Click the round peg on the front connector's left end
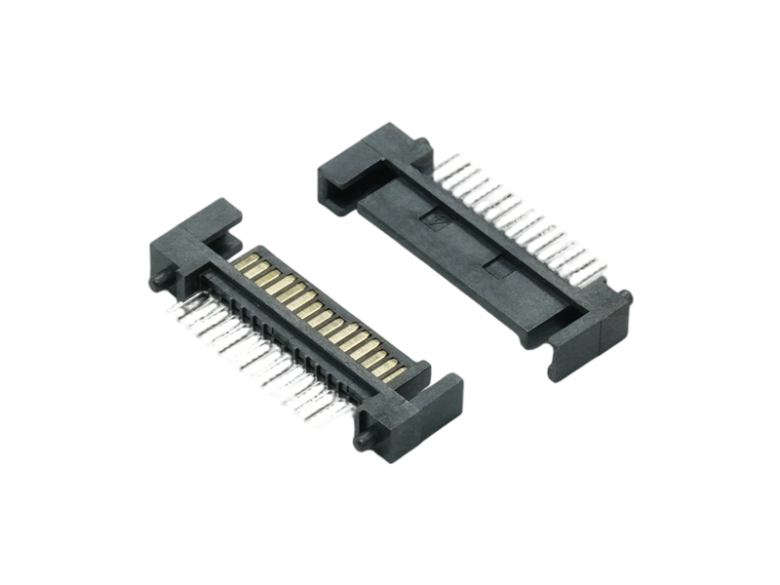[x=156, y=281]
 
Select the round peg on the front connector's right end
[x=364, y=440]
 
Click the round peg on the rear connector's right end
[x=625, y=297]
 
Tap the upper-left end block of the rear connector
[x=366, y=166]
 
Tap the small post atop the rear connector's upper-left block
[x=421, y=147]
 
